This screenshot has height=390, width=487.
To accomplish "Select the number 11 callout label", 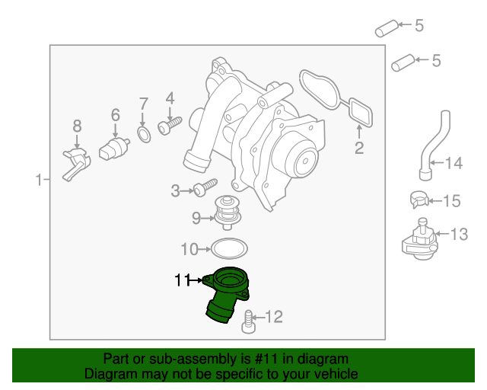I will coord(181,280).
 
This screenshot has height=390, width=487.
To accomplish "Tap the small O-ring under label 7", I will coord(142,136).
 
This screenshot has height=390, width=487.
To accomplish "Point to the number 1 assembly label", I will coord(39,181).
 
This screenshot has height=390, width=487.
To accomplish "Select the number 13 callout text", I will coord(459,234).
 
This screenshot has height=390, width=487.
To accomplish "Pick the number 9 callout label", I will coord(196,219).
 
